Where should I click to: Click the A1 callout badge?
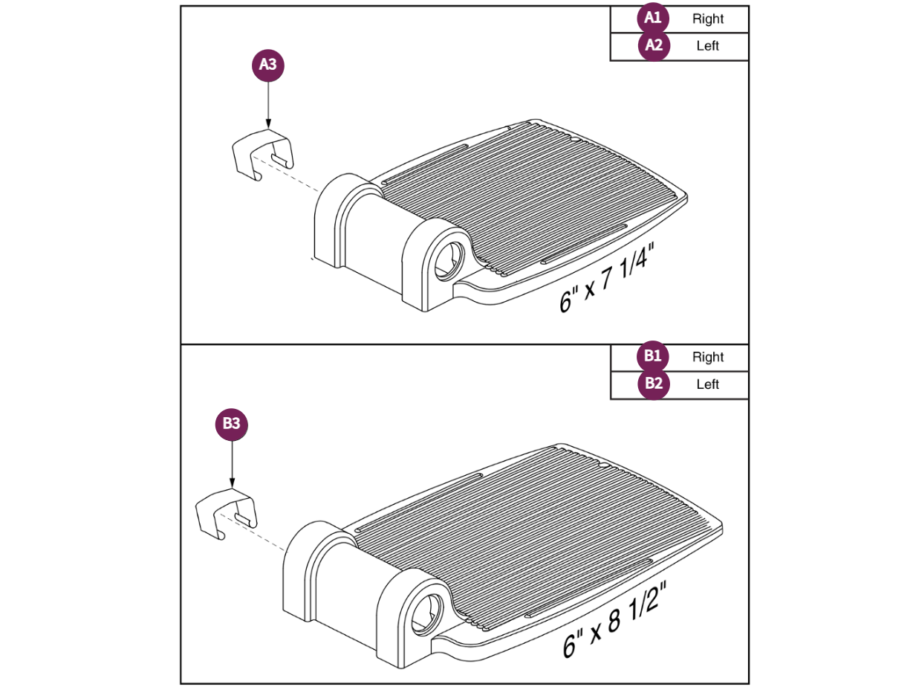point(653,18)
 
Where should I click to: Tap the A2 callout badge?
point(654,45)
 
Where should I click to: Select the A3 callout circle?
point(268,65)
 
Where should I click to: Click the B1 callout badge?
point(653,356)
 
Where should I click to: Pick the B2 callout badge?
point(654,384)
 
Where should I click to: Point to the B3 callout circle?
point(232,424)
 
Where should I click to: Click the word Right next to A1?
point(708,19)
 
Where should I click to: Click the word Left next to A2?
point(708,45)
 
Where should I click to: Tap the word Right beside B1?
point(708,357)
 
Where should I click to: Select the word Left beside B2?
point(708,384)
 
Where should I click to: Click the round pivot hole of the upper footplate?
point(449,260)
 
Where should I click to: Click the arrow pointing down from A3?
point(268,104)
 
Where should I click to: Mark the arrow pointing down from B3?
point(232,463)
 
